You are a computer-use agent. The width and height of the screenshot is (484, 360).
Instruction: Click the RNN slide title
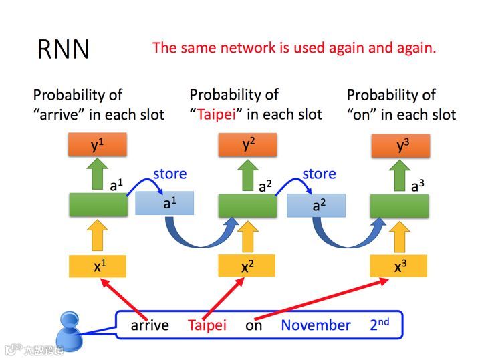click(x=64, y=50)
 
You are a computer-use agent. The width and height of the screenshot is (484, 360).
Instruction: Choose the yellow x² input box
click(x=247, y=266)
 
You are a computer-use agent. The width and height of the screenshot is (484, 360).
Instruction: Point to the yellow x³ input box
click(x=399, y=266)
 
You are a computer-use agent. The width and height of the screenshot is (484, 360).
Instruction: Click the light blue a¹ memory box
click(x=164, y=204)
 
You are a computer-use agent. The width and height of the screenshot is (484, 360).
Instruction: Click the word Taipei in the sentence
click(x=207, y=325)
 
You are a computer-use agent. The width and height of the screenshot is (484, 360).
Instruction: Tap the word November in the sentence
click(x=316, y=325)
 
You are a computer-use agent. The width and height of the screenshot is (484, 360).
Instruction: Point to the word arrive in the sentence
click(x=149, y=325)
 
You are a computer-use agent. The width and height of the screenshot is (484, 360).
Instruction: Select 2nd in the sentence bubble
click(x=380, y=325)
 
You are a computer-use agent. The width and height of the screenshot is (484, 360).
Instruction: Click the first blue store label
click(x=170, y=174)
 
